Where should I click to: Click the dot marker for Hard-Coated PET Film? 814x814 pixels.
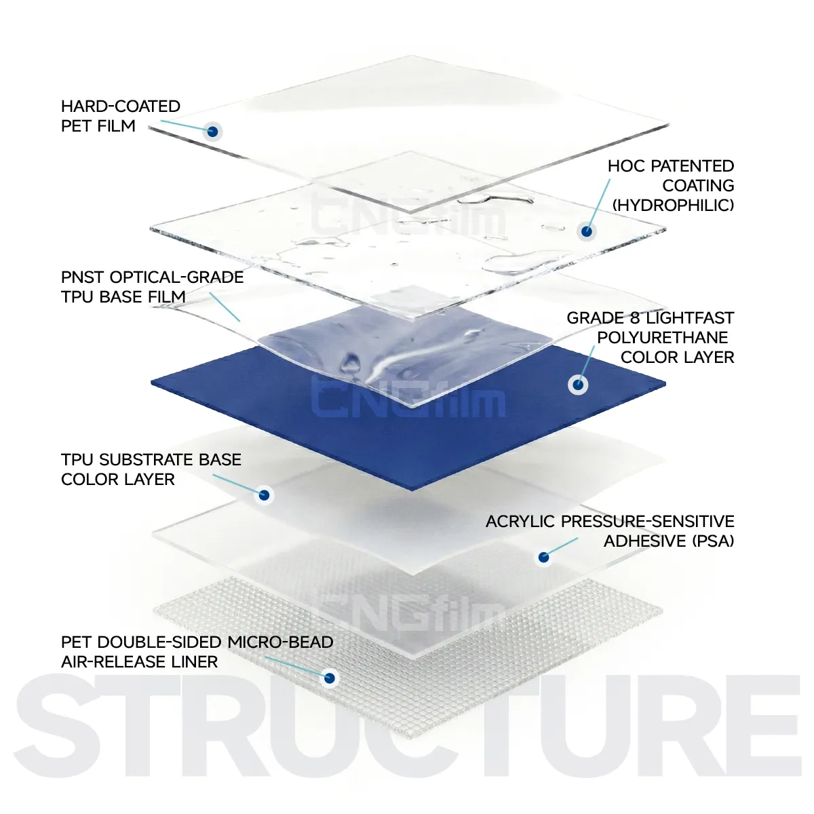(x=212, y=132)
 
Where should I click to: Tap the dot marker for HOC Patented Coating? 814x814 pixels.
(x=586, y=231)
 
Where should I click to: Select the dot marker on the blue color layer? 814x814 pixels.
(x=578, y=385)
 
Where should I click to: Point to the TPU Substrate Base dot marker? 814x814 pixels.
(x=264, y=495)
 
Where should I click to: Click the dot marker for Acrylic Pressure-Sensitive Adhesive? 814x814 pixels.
(x=543, y=557)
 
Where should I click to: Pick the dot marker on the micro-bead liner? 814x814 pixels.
(x=330, y=678)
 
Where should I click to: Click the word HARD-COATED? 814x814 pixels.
(x=121, y=106)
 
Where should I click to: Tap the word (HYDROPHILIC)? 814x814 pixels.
(x=673, y=206)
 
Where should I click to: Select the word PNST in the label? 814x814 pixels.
(x=83, y=277)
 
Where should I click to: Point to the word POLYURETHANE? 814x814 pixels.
(x=662, y=338)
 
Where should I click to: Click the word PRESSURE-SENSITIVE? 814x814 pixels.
(x=647, y=522)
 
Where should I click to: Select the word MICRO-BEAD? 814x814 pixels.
(x=280, y=642)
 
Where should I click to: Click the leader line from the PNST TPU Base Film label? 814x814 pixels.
(x=225, y=307)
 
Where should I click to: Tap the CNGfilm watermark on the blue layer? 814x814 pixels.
(x=408, y=396)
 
